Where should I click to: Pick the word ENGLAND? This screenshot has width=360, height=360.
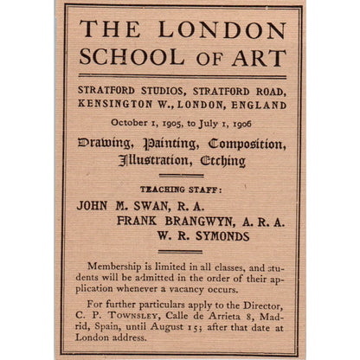point(255,105)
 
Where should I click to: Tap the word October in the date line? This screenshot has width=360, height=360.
point(132,122)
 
